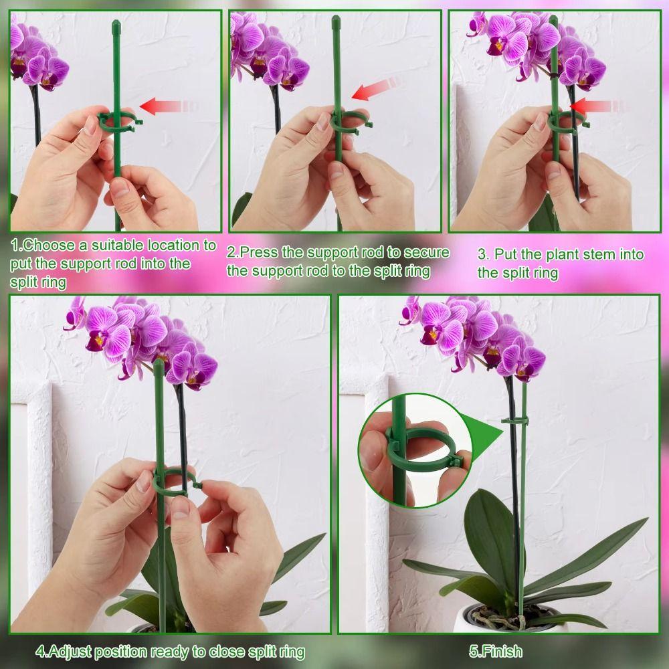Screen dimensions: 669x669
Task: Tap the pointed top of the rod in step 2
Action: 336,25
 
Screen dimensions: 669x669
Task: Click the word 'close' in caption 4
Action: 239,651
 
